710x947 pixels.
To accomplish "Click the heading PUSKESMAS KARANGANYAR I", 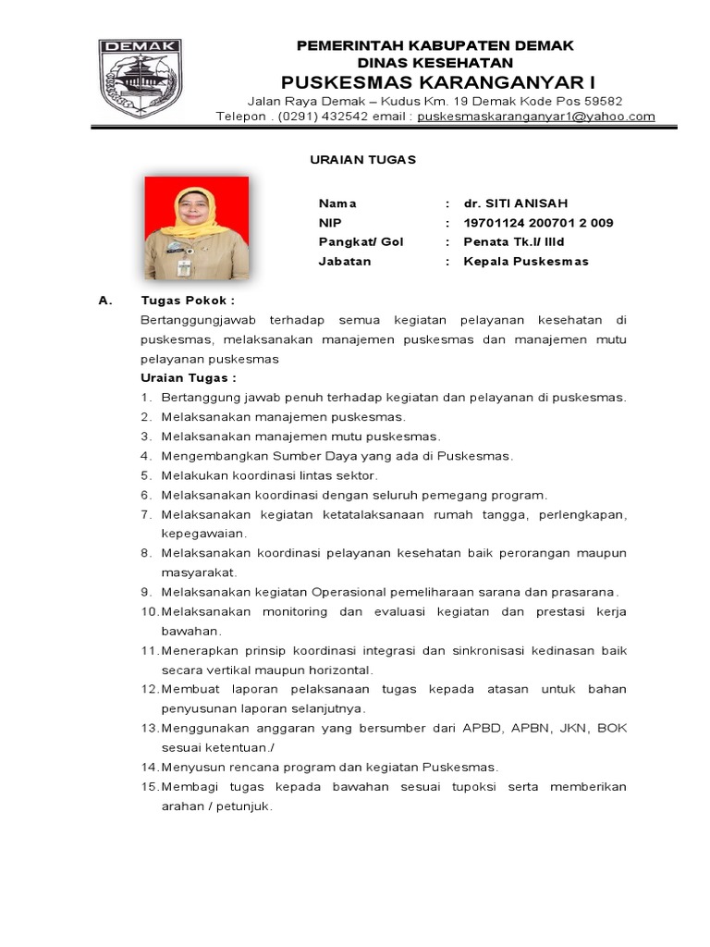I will (x=435, y=81).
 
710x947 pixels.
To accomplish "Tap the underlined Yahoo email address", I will (x=536, y=117).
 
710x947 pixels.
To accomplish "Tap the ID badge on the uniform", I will (x=184, y=267).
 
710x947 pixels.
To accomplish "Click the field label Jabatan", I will (x=345, y=262).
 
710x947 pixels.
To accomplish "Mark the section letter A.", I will (x=104, y=301).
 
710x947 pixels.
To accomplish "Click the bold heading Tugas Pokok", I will (x=187, y=301).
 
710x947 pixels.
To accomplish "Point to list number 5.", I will (x=145, y=475).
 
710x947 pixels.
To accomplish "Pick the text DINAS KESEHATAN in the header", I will (x=435, y=62).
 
